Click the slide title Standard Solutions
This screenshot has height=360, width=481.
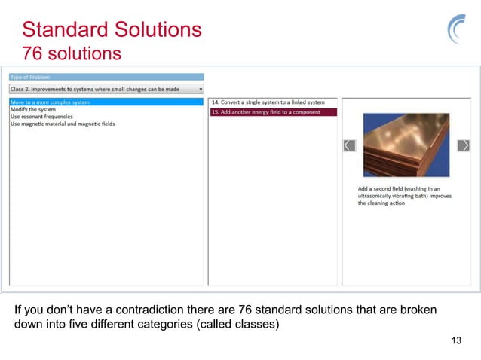(x=112, y=30)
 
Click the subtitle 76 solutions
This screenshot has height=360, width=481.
(x=71, y=54)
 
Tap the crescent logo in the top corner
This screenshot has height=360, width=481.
(x=458, y=31)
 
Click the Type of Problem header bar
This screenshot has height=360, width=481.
(x=106, y=77)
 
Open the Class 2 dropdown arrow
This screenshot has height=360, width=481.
(x=201, y=88)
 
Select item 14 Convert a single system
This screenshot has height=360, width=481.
(x=268, y=102)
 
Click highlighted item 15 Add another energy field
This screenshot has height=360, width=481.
(x=265, y=112)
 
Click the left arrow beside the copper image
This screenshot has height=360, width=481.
(x=349, y=145)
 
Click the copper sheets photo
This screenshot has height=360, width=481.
(x=406, y=145)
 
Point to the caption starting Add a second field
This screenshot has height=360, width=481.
(x=403, y=196)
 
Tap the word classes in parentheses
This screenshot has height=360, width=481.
(x=256, y=325)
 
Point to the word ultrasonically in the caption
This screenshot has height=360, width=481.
(x=382, y=196)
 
